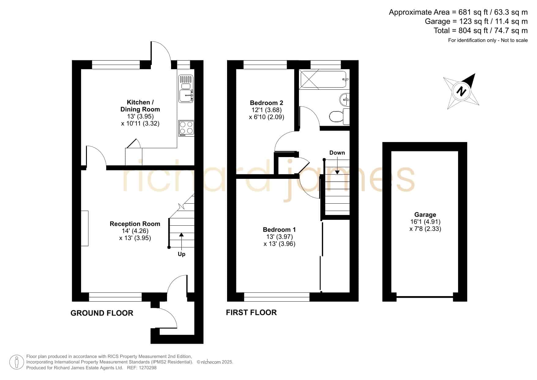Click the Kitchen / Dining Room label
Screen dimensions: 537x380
[x=140, y=106]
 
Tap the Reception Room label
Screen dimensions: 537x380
[x=135, y=224]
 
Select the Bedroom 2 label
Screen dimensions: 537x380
[x=267, y=103]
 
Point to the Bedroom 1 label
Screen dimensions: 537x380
[x=279, y=230]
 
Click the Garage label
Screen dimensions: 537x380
[x=425, y=215]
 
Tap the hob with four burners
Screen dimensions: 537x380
[x=186, y=128]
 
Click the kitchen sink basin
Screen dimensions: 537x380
[x=186, y=95]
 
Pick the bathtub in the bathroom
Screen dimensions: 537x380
[x=324, y=80]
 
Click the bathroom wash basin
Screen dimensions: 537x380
[x=345, y=99]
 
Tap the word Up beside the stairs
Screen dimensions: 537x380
[x=181, y=254]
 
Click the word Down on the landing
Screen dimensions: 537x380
[x=337, y=153]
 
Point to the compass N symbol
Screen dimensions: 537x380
[x=461, y=91]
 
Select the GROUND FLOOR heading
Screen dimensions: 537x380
[x=102, y=313]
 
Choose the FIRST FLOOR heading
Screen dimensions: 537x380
[x=251, y=312]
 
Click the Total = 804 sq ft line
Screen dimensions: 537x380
[x=481, y=31]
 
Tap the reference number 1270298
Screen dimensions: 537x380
[x=148, y=368]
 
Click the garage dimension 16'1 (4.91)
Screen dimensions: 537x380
[x=425, y=222]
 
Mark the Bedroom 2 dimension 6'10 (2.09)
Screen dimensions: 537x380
[x=267, y=117]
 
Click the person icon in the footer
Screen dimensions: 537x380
[x=17, y=362]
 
